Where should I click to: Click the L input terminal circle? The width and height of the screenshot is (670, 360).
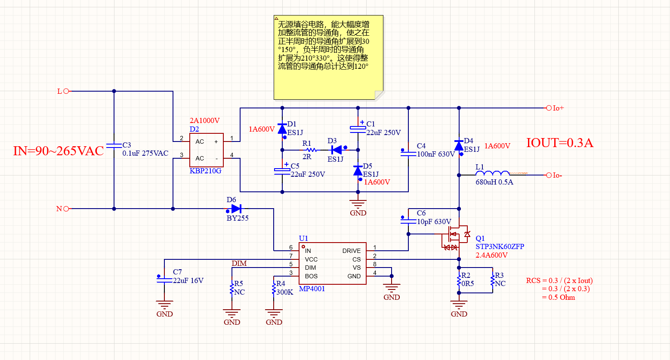coord(66,91)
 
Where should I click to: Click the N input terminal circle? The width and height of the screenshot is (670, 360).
coord(66,209)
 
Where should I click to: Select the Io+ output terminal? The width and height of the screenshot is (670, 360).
coord(549,108)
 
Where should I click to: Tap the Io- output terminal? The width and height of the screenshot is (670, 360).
coord(549,175)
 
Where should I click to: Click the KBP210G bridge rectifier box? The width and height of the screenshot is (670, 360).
coord(207,150)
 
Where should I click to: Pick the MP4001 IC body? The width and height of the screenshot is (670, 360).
coord(333,263)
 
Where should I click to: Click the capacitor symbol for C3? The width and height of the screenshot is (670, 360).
coord(114,146)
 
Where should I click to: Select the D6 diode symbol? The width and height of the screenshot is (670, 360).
coord(236,209)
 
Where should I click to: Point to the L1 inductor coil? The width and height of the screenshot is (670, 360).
coord(492,173)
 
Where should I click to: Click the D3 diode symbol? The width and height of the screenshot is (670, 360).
coord(337,150)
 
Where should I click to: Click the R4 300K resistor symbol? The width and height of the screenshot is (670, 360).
coord(274,289)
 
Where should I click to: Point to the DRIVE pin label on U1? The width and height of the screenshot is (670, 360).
coord(352,251)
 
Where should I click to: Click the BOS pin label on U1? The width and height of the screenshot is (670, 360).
coord(311,276)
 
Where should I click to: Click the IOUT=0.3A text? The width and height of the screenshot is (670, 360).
coord(560,143)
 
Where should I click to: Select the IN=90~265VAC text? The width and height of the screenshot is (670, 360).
coord(59,151)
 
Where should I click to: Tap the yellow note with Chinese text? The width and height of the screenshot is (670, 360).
coord(328,57)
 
